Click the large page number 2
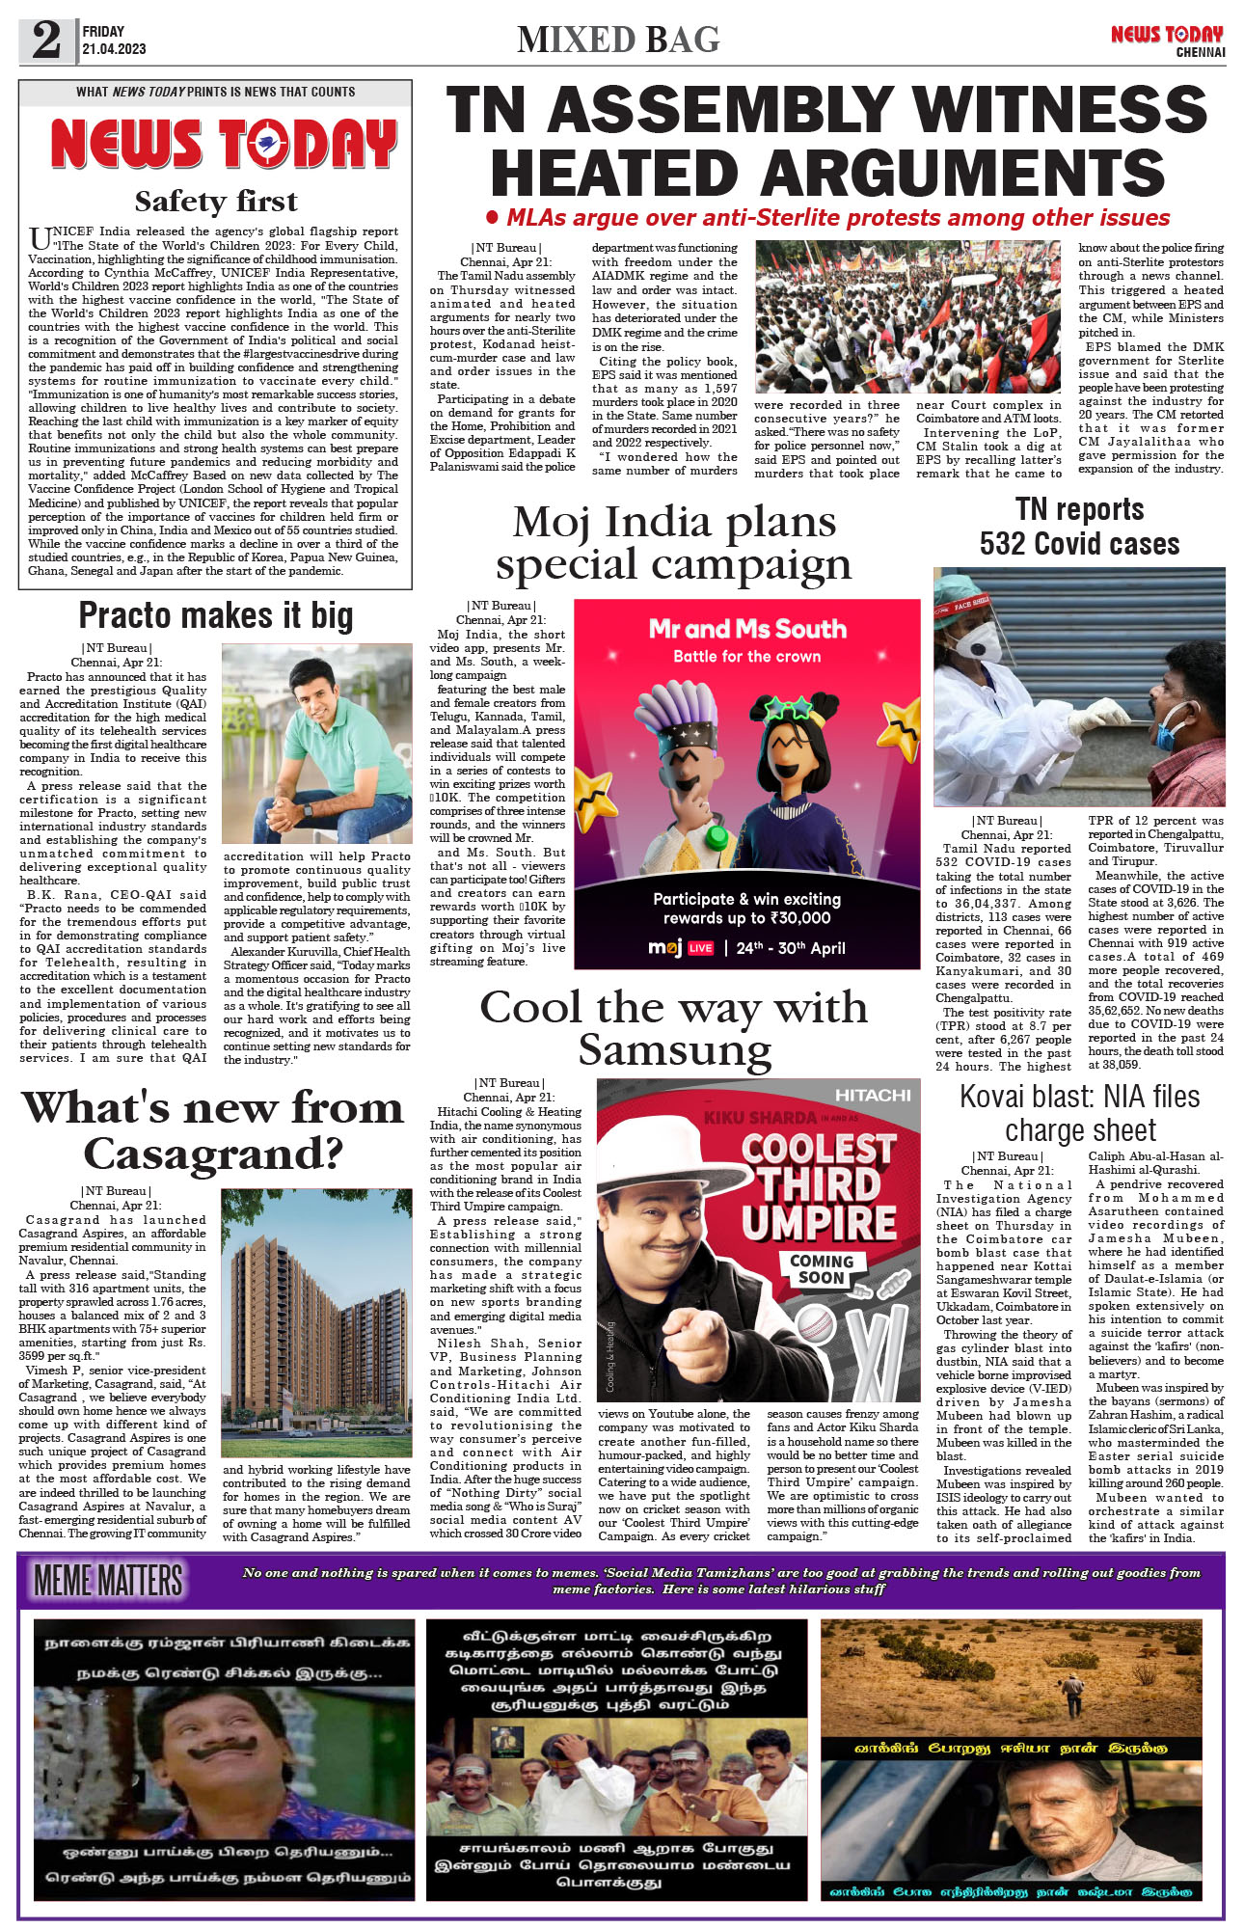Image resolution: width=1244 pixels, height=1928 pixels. pyautogui.click(x=46, y=41)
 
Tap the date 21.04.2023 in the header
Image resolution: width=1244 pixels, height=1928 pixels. pyautogui.click(x=114, y=49)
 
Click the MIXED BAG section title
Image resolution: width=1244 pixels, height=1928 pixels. pyautogui.click(x=618, y=40)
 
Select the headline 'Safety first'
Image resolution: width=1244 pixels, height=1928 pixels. pyautogui.click(x=216, y=201)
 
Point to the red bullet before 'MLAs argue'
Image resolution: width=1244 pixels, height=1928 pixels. pyautogui.click(x=493, y=218)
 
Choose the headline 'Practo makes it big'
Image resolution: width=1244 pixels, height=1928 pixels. pyautogui.click(x=216, y=615)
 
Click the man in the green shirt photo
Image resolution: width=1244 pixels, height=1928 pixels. pyautogui.click(x=316, y=743)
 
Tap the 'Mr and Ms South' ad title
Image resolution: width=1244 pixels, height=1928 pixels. pyautogui.click(x=747, y=629)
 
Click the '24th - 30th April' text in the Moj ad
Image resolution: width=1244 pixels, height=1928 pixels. pyautogui.click(x=791, y=948)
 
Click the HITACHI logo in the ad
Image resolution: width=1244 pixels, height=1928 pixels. pyautogui.click(x=873, y=1095)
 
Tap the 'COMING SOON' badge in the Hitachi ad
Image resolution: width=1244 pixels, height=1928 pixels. pyautogui.click(x=822, y=1269)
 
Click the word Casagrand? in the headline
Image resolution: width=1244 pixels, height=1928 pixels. pyautogui.click(x=213, y=1154)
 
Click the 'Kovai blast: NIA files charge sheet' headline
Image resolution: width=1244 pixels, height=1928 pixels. pyautogui.click(x=1080, y=1113)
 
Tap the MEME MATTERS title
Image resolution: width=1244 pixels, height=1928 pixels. pyautogui.click(x=108, y=1581)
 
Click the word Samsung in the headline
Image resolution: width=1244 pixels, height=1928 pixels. pyautogui.click(x=675, y=1050)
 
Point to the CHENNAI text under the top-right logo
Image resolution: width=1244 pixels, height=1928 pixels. pyautogui.click(x=1200, y=52)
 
